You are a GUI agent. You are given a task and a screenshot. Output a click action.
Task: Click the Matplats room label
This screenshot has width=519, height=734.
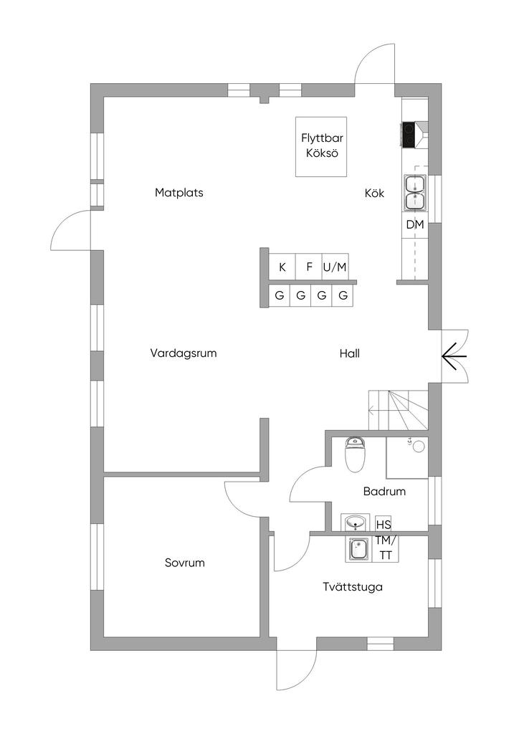point(179,193)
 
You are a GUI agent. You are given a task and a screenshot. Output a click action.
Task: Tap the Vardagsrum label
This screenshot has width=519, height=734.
point(184,353)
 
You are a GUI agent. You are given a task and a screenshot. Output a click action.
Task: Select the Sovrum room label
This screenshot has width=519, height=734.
point(185,563)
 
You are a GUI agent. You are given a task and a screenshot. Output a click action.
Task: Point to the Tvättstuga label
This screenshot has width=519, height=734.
point(352,587)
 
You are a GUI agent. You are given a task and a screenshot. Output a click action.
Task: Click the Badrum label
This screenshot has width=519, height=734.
point(384,492)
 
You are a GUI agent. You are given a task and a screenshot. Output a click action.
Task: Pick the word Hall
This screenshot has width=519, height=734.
point(350,353)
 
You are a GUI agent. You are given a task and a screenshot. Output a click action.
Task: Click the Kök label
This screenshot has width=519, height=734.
point(374,194)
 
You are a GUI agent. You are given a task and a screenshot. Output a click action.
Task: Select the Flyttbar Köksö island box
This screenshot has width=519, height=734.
point(322,147)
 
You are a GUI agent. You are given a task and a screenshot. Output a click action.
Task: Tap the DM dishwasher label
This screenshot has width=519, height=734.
point(415,225)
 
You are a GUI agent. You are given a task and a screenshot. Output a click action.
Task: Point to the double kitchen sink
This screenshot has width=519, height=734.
point(415,193)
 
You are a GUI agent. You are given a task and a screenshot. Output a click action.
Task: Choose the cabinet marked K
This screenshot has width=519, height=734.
point(282,267)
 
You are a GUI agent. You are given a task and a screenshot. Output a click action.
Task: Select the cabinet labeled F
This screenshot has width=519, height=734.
point(309,267)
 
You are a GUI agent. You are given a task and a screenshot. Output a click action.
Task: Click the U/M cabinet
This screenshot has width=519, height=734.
point(335,267)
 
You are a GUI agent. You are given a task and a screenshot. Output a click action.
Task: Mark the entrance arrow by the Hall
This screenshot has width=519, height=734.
point(454,355)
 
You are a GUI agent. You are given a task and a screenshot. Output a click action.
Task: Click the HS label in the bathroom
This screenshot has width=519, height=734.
point(384,523)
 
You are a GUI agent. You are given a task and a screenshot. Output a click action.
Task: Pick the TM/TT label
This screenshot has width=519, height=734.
point(386,548)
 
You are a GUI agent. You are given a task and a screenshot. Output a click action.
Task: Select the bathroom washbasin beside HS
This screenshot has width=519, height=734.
point(356,523)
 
